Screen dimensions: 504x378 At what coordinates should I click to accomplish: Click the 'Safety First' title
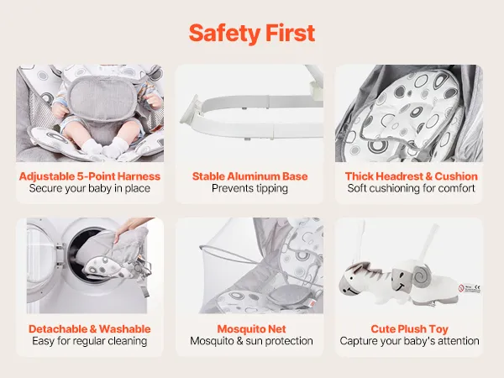pyautogui.click(x=252, y=33)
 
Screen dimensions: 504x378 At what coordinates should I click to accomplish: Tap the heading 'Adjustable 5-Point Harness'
pyautogui.click(x=90, y=176)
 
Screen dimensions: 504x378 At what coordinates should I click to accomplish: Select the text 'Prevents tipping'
pyautogui.click(x=249, y=188)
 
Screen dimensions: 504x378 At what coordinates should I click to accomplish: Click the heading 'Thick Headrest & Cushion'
pyautogui.click(x=411, y=176)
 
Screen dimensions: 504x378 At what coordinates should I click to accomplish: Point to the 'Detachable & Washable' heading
pyautogui.click(x=90, y=328)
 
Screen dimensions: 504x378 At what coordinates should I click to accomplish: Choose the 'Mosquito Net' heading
pyautogui.click(x=251, y=328)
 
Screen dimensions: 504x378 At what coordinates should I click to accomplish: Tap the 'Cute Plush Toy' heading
pyautogui.click(x=410, y=328)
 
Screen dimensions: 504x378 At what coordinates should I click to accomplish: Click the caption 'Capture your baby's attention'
pyautogui.click(x=410, y=341)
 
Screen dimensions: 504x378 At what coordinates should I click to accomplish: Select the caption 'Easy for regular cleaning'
pyautogui.click(x=90, y=341)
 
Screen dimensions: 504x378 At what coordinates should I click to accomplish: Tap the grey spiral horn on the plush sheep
pyautogui.click(x=422, y=275)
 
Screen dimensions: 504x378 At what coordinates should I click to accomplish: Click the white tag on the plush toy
pyautogui.click(x=470, y=288)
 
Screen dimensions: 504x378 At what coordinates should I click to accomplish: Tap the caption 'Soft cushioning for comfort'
pyautogui.click(x=411, y=188)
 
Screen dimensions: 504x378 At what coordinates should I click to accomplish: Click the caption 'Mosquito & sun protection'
pyautogui.click(x=251, y=341)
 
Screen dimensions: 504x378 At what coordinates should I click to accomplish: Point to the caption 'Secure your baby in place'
pyautogui.click(x=90, y=188)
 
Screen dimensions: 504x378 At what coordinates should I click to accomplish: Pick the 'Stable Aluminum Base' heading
pyautogui.click(x=249, y=176)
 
